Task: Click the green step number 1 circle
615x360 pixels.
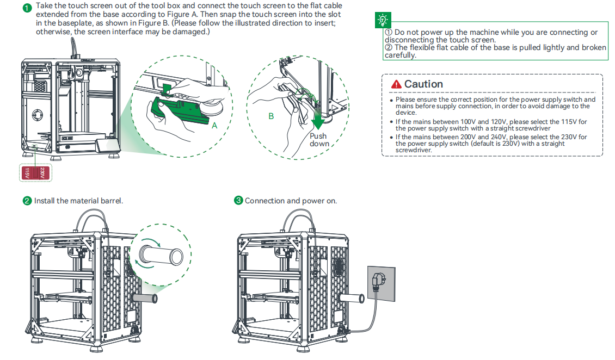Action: pyautogui.click(x=27, y=9)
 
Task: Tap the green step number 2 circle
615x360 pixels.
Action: pyautogui.click(x=27, y=201)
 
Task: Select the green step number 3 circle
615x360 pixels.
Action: pyautogui.click(x=238, y=201)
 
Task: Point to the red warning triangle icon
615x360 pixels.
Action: pyautogui.click(x=396, y=84)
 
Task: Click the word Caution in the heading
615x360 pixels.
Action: pyautogui.click(x=423, y=84)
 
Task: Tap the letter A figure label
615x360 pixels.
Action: pyautogui.click(x=214, y=125)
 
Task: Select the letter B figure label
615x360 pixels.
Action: pyautogui.click(x=271, y=116)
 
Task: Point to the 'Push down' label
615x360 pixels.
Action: pyautogui.click(x=319, y=140)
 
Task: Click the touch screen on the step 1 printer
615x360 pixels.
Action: pyautogui.click(x=106, y=146)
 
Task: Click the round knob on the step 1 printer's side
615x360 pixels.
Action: pyautogui.click(x=38, y=115)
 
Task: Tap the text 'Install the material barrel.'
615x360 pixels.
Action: pyautogui.click(x=78, y=201)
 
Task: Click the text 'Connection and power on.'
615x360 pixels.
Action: pyautogui.click(x=291, y=201)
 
